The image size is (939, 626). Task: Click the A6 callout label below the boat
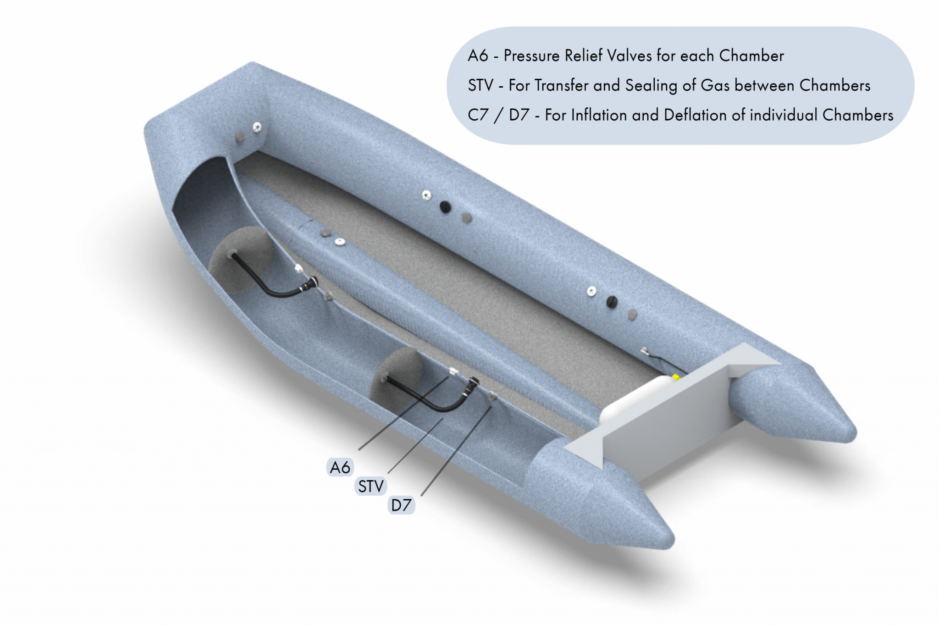point(340,467)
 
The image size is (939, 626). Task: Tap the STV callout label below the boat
point(370,486)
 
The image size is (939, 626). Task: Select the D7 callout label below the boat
point(401,505)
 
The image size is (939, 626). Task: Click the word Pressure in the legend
point(532,56)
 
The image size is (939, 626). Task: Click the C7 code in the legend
point(478,115)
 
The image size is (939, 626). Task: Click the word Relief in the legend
point(583,56)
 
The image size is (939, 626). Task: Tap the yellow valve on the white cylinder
point(676,377)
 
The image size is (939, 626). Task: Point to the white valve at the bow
point(257,127)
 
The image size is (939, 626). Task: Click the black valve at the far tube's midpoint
point(445,207)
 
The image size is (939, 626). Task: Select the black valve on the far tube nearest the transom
point(612,302)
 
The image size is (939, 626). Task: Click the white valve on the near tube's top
point(339,242)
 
